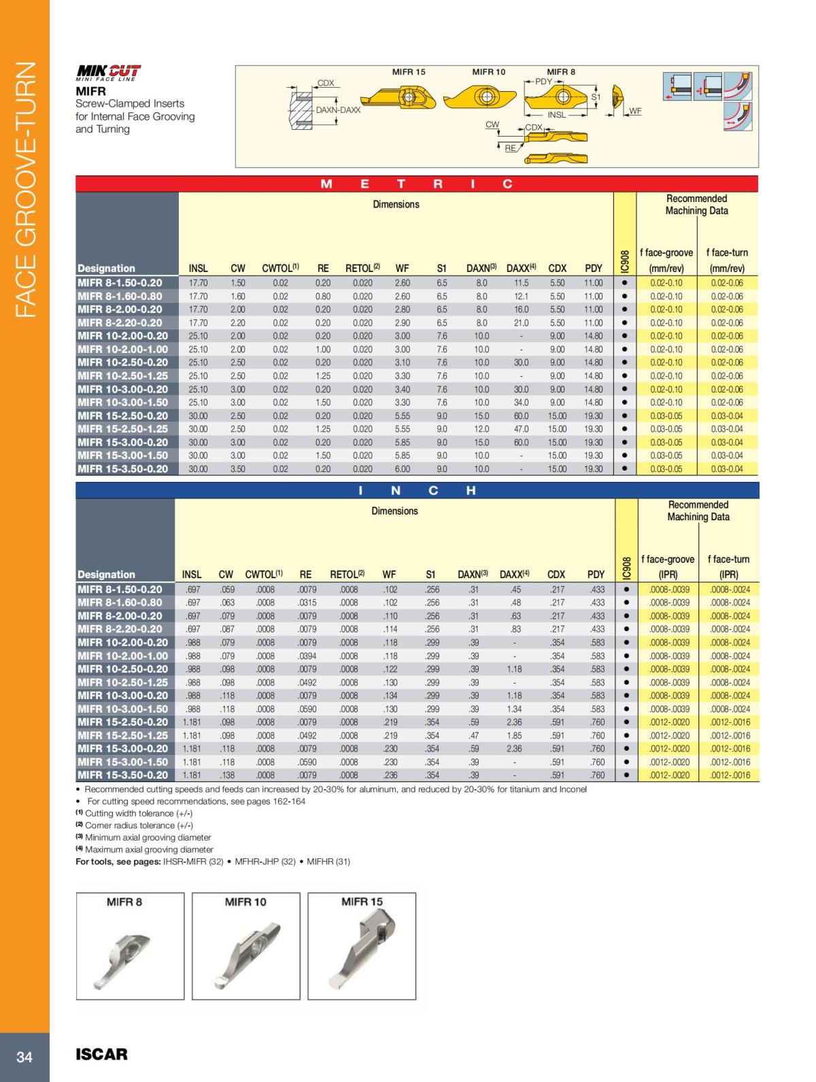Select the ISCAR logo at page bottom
tap(101, 1054)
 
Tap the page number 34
tap(24, 1057)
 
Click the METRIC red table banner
tap(416, 184)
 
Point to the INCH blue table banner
tap(416, 490)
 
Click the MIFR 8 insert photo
tap(130, 946)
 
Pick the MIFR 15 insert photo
tap(362, 946)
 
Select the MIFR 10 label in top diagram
tap(488, 71)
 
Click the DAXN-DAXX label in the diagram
tap(338, 109)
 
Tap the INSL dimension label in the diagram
tap(556, 115)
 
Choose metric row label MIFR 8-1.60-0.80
tap(120, 296)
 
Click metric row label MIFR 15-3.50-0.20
tap(122, 469)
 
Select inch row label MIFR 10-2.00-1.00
tap(122, 656)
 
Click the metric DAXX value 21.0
tap(521, 322)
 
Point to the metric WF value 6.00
tap(403, 469)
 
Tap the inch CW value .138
tap(226, 775)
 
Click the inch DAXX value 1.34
tap(515, 709)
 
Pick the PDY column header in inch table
tap(596, 575)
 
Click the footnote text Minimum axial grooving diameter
tap(148, 837)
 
